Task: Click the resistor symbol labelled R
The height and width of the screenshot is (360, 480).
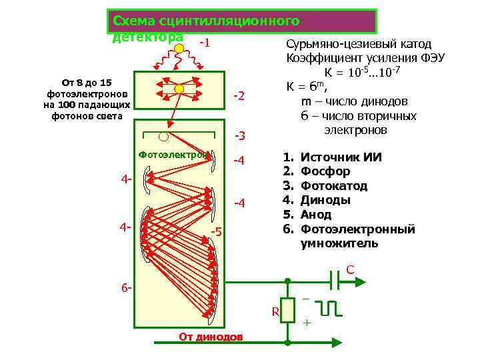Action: tap(287, 310)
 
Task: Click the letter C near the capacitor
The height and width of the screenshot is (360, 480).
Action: tap(350, 270)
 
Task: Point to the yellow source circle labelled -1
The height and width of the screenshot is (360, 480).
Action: tap(178, 48)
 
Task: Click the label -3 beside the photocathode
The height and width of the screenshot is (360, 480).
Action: tap(239, 136)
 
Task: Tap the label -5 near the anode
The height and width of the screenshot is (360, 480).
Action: tap(215, 231)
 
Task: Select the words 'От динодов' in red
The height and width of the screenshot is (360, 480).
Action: tap(211, 336)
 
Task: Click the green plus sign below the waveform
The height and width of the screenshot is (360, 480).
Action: tap(307, 323)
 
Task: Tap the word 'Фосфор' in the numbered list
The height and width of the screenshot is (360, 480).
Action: tap(325, 171)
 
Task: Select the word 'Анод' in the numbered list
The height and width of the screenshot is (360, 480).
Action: tap(316, 215)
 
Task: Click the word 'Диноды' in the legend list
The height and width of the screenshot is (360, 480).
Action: tap(325, 200)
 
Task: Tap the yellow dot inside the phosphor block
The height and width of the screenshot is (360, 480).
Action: tap(178, 88)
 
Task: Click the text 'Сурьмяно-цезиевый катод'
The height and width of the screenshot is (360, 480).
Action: tap(359, 43)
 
